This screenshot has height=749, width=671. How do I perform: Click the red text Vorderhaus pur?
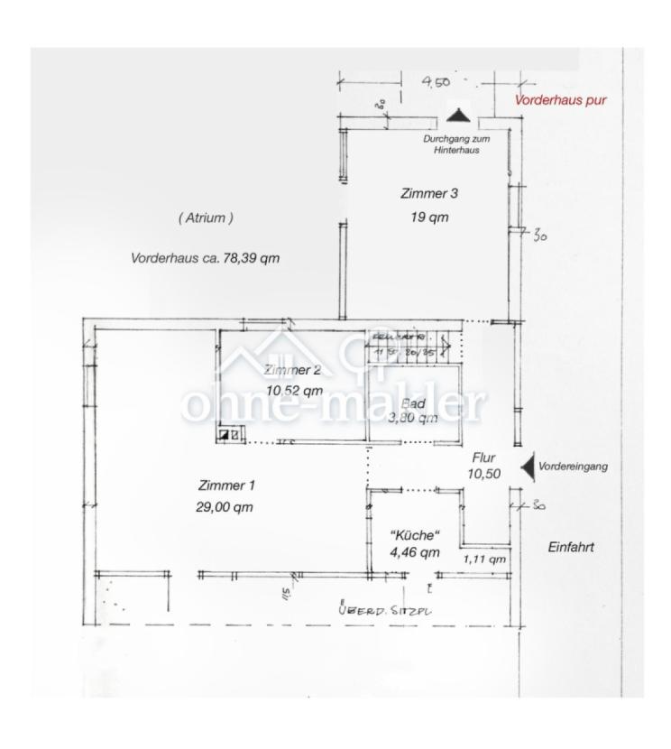point(559,100)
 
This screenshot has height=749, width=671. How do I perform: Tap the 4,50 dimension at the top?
point(436,83)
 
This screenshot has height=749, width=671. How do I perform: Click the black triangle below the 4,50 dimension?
point(459,116)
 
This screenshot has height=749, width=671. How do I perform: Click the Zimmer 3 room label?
point(429,193)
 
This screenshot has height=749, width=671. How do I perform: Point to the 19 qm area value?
point(429,217)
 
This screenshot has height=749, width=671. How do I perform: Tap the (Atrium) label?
point(206,217)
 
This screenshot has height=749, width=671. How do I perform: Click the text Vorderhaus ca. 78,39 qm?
point(205,257)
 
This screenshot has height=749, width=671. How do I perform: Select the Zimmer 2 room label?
point(292,369)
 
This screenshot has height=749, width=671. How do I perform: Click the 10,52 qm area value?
point(294,391)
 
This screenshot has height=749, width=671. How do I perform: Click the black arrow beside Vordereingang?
point(528,467)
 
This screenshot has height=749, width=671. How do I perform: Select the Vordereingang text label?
point(573,467)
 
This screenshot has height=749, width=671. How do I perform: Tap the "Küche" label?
point(414,534)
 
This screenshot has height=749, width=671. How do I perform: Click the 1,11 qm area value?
point(484,559)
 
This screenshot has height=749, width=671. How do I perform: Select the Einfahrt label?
point(572,547)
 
